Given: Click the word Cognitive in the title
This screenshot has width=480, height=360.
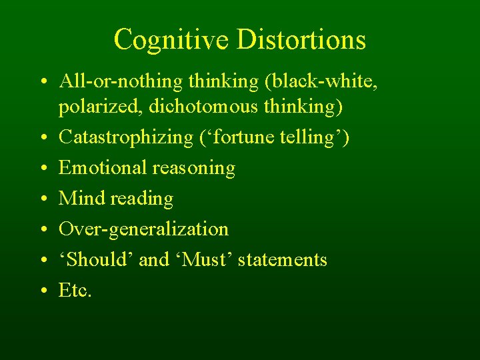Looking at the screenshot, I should click(171, 39).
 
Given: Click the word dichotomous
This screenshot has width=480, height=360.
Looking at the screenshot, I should click(207, 106).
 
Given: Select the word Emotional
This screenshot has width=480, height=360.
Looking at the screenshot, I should click(103, 167).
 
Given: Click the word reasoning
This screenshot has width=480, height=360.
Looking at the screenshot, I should click(194, 169).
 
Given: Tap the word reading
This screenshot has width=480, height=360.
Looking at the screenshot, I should click(141, 199).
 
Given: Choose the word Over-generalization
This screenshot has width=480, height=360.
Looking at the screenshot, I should click(143, 229).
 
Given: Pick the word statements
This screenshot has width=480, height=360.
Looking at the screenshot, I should click(283, 259).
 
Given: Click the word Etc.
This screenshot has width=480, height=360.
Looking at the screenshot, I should click(75, 290).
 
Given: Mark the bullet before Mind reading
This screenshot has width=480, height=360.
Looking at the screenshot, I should click(42, 199).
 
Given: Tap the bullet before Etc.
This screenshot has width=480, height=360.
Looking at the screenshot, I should click(42, 291).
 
